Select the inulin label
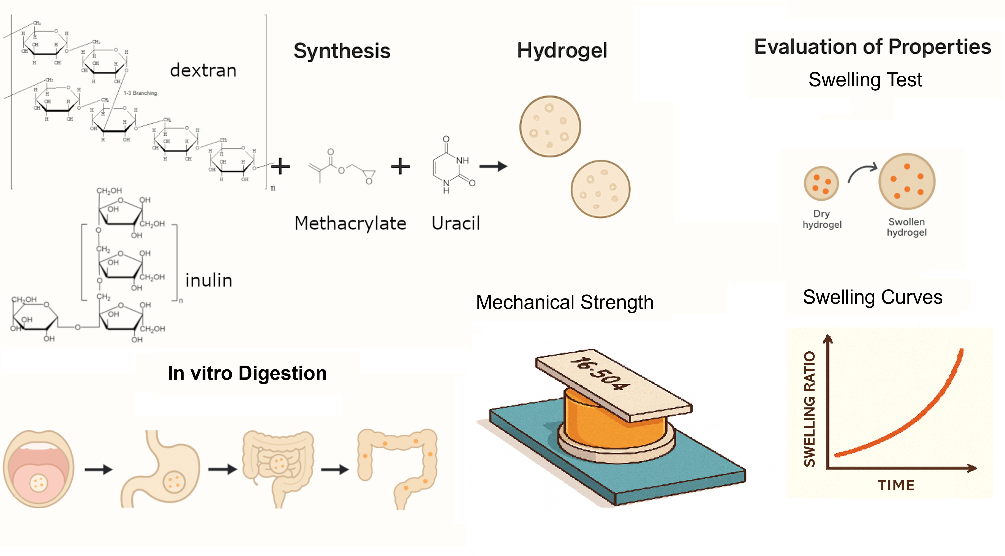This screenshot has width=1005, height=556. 209,280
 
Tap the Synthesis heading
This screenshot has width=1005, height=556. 342,51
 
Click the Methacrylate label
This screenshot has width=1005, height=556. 350,223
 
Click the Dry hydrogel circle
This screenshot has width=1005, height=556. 821,183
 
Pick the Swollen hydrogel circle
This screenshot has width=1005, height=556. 907,181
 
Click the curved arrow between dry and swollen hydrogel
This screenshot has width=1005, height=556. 862,173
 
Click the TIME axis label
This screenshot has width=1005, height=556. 896,485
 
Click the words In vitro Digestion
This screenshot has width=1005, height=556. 247,373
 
